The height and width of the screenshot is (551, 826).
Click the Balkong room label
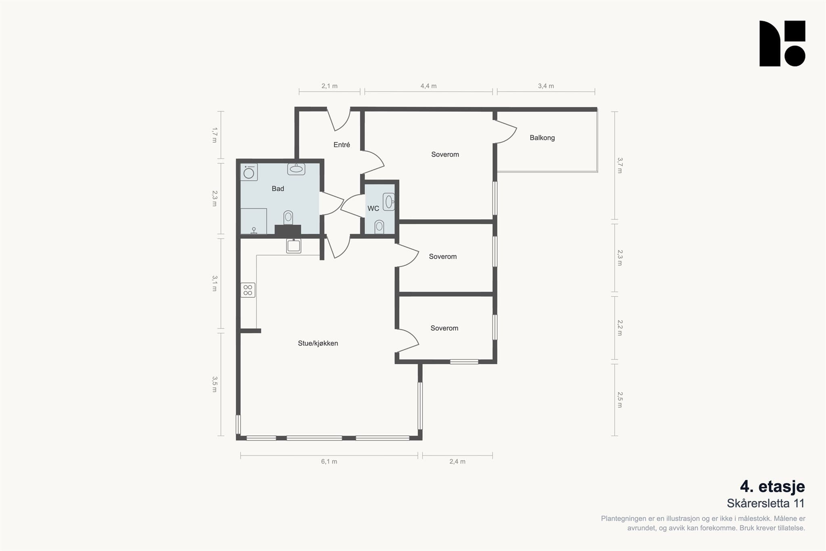click(x=542, y=138)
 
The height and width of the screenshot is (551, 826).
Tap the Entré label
click(x=342, y=145)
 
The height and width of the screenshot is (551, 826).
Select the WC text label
click(x=373, y=209)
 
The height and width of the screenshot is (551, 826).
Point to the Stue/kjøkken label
click(x=318, y=343)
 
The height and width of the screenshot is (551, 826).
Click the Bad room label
click(x=278, y=188)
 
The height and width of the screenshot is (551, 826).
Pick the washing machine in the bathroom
click(x=249, y=172)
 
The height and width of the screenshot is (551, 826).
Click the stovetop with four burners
click(x=248, y=290)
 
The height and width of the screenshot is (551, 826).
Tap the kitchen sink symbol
click(x=294, y=246)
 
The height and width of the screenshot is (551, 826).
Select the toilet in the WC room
click(x=379, y=227)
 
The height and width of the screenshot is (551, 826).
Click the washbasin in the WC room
click(x=389, y=202)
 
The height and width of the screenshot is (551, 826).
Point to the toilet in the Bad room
click(x=288, y=218)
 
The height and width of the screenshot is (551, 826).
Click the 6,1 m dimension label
click(x=329, y=461)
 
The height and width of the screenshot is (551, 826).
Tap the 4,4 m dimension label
click(x=428, y=86)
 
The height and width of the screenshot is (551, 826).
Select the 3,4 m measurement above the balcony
click(x=546, y=86)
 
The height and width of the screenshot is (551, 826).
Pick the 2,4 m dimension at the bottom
click(x=457, y=461)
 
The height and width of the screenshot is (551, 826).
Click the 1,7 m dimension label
click(x=215, y=135)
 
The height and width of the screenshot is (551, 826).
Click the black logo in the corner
click(x=782, y=44)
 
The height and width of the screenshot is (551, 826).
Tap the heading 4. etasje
click(x=772, y=486)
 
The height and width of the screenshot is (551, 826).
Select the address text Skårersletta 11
click(x=766, y=503)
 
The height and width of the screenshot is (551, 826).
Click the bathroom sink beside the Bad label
click(x=296, y=169)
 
